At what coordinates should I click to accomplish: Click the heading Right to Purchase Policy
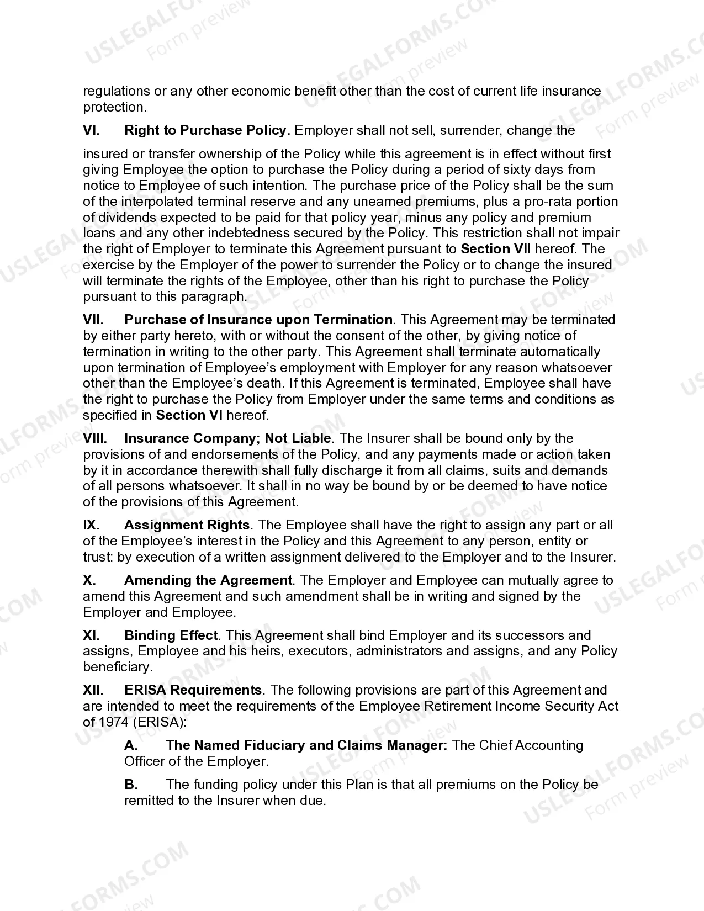[x=207, y=130]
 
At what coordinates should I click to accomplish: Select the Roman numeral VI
[x=91, y=130]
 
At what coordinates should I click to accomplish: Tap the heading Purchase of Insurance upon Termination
[x=258, y=320]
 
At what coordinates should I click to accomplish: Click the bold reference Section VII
[x=495, y=249]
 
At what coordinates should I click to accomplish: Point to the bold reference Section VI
[x=189, y=415]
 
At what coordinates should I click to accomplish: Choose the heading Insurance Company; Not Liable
[x=227, y=438]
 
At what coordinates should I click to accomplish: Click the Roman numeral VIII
[x=94, y=438]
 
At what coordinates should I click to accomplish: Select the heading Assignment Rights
[x=187, y=525]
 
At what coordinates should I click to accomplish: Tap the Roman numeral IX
[x=91, y=525]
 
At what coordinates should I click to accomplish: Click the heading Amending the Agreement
[x=208, y=580]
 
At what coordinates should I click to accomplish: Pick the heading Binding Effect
[x=171, y=635]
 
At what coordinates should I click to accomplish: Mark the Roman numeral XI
[x=91, y=635]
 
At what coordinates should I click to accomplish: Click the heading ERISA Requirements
[x=193, y=690]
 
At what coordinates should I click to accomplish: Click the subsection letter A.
[x=131, y=745]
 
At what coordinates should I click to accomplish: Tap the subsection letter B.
[x=131, y=785]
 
